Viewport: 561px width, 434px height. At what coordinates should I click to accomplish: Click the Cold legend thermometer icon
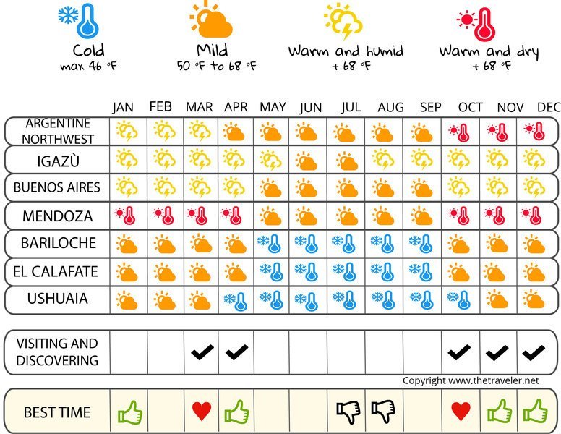(x=79, y=20)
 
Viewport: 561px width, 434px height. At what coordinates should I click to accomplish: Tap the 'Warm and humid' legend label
(x=346, y=51)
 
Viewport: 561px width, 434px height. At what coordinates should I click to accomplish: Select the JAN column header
(x=123, y=107)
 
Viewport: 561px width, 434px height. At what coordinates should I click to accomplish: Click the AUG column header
(x=390, y=107)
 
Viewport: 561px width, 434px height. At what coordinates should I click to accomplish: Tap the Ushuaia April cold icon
(x=235, y=300)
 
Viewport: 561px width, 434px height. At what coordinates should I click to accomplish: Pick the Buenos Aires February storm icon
(x=164, y=187)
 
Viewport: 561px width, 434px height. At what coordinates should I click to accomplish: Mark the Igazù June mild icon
(x=307, y=160)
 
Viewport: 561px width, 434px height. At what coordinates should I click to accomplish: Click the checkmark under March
(x=202, y=352)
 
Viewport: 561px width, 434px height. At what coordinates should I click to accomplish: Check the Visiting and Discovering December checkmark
(x=533, y=352)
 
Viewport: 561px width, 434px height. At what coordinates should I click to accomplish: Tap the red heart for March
(x=202, y=412)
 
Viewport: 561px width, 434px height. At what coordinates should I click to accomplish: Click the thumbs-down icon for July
(x=348, y=412)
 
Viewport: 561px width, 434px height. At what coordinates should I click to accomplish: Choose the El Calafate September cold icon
(x=421, y=272)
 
